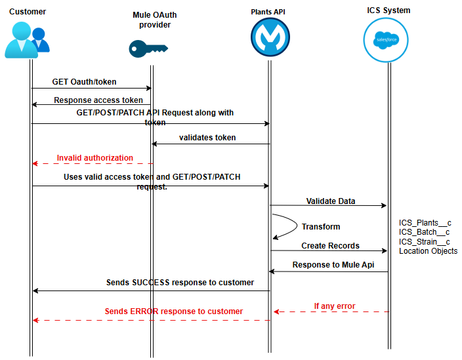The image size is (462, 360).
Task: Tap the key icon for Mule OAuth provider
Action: [148, 48]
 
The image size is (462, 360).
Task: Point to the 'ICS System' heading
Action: [388, 10]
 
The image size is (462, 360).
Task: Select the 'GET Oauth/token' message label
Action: [84, 82]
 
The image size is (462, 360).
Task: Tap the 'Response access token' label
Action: [98, 100]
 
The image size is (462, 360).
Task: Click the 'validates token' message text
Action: [207, 138]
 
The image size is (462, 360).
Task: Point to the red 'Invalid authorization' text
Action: [94, 158]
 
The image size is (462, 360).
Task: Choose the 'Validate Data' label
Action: [330, 201]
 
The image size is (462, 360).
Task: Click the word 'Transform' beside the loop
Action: [320, 227]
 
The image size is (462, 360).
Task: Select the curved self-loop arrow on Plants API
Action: [283, 226]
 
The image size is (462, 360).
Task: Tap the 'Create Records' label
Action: [330, 246]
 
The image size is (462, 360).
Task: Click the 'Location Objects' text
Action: [428, 251]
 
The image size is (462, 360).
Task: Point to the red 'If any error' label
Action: [334, 306]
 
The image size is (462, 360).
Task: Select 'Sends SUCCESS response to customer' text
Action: [180, 283]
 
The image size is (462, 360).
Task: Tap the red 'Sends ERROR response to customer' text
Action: [174, 311]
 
